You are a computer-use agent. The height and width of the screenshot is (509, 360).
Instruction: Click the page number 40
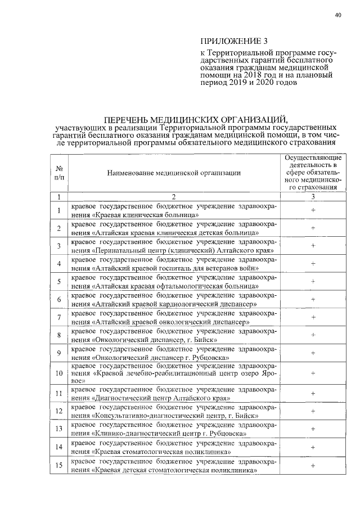click(x=337, y=15)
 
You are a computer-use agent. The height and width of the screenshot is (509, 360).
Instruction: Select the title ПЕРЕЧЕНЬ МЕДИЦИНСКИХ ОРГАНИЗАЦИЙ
click(x=195, y=119)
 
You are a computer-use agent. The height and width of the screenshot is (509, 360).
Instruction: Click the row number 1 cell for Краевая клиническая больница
click(x=59, y=210)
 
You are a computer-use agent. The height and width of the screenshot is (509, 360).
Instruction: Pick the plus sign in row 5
click(x=313, y=281)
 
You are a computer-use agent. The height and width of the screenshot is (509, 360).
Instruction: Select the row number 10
click(x=59, y=373)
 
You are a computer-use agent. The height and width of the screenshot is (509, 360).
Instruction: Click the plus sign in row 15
click(x=313, y=465)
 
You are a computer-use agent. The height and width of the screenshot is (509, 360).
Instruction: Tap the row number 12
click(x=59, y=412)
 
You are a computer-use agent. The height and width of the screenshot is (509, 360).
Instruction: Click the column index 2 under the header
click(x=174, y=196)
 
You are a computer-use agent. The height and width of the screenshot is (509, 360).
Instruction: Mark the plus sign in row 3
click(x=313, y=245)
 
